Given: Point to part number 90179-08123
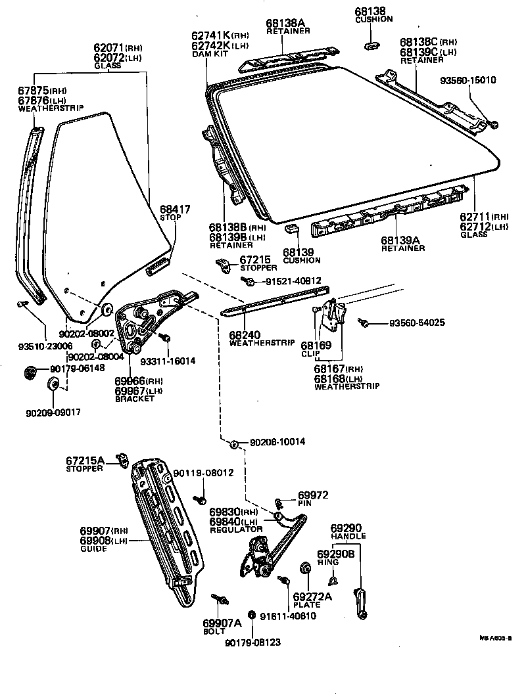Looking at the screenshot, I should (252, 642).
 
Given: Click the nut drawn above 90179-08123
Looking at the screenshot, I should (253, 621).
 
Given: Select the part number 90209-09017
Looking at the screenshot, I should (56, 412).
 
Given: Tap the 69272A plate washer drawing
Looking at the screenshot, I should (306, 568).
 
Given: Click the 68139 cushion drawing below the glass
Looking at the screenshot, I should (291, 228).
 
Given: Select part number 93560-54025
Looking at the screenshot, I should (417, 323).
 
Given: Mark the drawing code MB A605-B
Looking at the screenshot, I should (495, 637).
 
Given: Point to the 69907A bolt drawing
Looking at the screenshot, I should (220, 598).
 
